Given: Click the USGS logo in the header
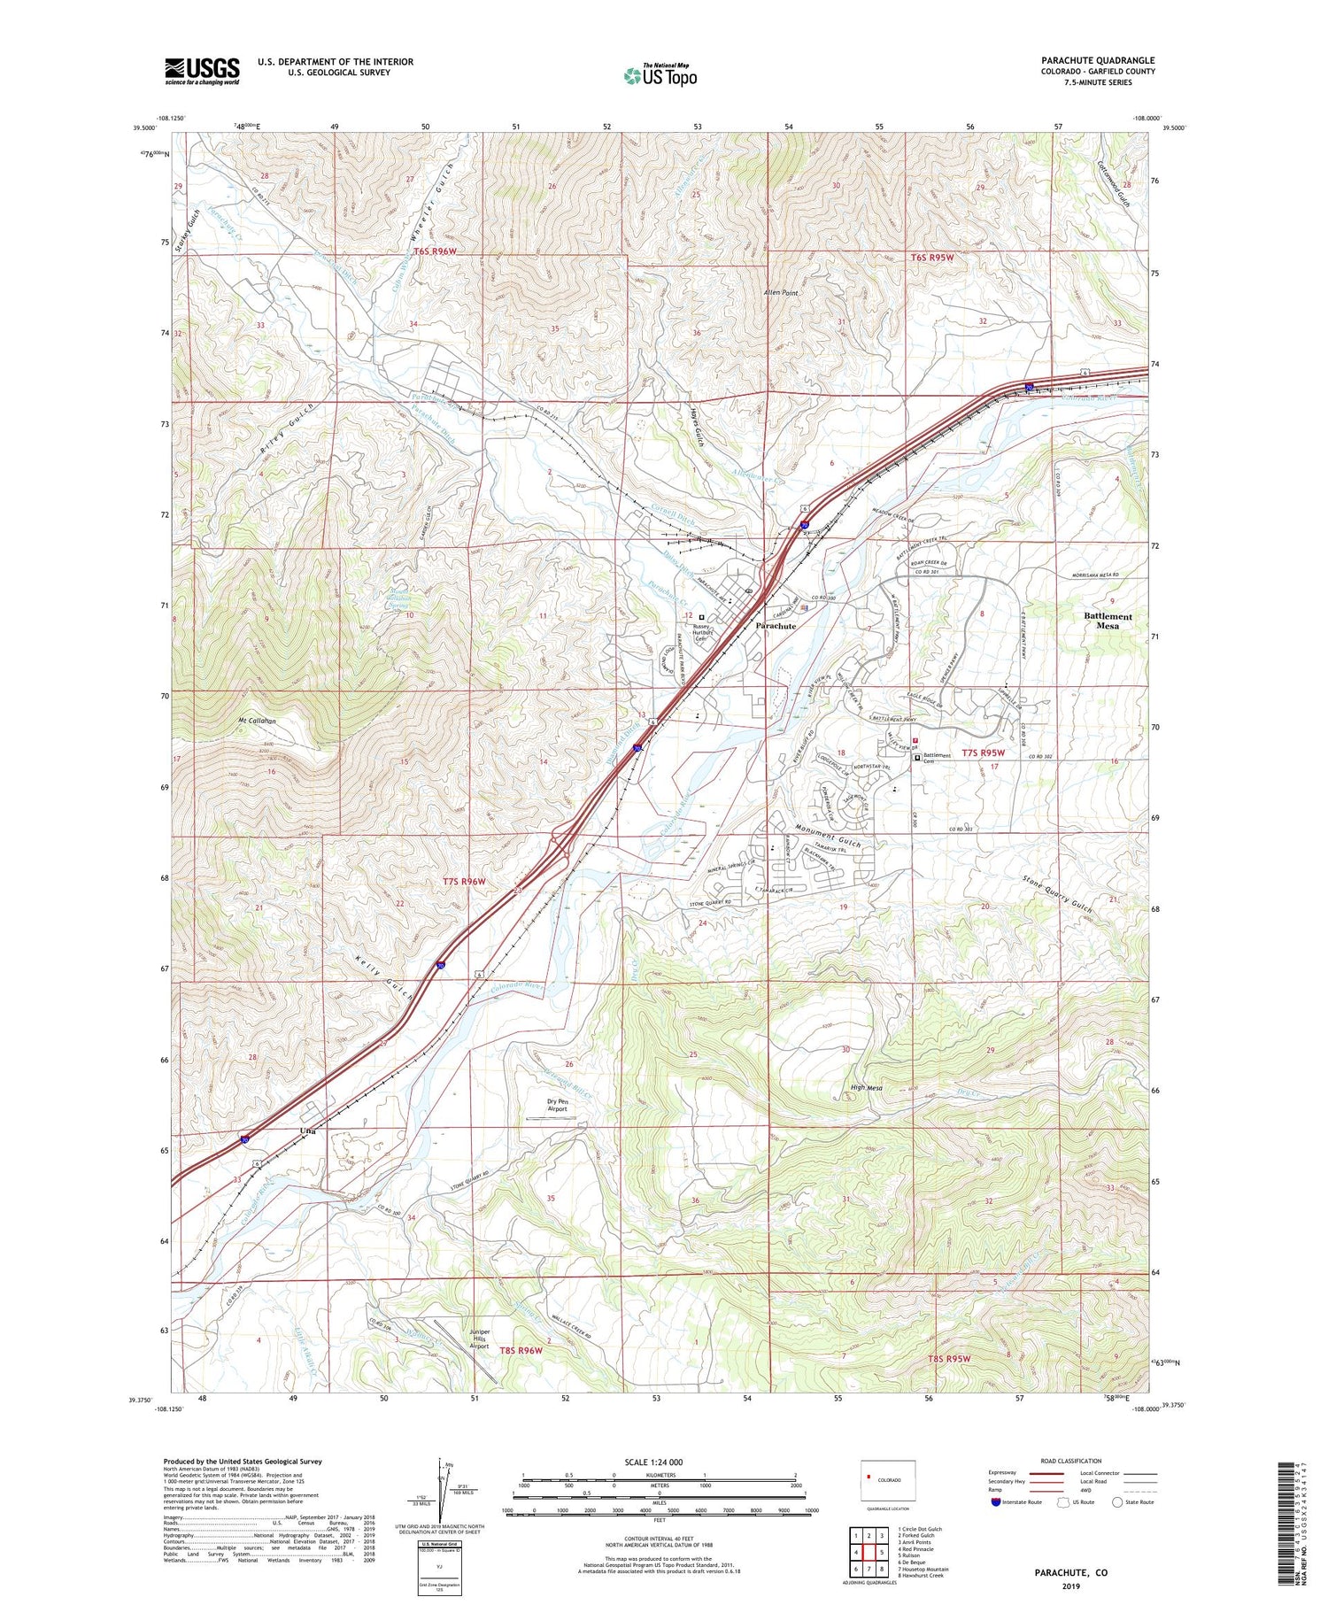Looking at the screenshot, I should (202, 71).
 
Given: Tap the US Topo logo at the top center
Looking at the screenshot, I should (660, 75).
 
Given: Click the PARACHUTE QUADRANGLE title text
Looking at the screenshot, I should (1085, 60).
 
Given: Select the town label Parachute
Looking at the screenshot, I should (776, 626).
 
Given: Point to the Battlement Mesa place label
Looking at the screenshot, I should (1108, 621).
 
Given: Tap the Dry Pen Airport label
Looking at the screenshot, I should (557, 1105).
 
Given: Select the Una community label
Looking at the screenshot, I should (307, 1131).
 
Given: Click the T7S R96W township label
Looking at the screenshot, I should (465, 882).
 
